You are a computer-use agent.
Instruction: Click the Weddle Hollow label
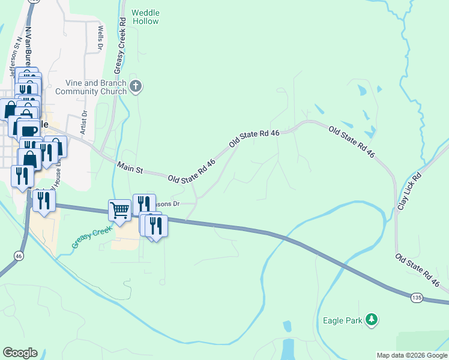[x=145, y=17]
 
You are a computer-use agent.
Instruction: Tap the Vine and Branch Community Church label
[x=91, y=88]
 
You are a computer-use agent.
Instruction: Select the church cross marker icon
[x=136, y=86]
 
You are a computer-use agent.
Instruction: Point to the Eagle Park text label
[x=342, y=320]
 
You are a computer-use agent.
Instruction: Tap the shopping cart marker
[x=119, y=211]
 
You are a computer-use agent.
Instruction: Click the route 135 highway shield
[x=415, y=297]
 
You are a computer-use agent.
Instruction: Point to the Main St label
[x=130, y=167]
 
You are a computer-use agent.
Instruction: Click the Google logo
[x=20, y=353]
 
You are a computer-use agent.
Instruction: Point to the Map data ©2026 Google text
[x=411, y=355]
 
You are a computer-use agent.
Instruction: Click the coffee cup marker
[x=29, y=130]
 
